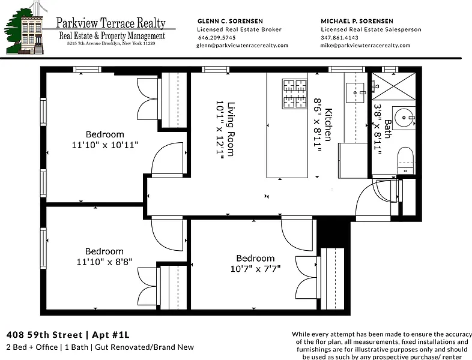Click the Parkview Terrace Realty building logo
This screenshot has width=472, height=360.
[x=26, y=29]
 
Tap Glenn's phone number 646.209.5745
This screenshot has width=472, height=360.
[x=217, y=38]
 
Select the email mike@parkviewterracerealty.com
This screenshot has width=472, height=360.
[x=365, y=46]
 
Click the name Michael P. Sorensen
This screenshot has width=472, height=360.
[x=357, y=21]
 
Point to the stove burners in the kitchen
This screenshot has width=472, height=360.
[x=295, y=94]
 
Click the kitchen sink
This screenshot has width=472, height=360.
[x=356, y=93]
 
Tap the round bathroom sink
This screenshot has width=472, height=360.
[x=404, y=118]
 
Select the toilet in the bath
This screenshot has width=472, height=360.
[x=405, y=160]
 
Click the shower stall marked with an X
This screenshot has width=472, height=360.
[x=393, y=86]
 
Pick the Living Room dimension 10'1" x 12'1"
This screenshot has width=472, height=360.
[x=220, y=128]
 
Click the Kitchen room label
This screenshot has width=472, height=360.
[x=328, y=125]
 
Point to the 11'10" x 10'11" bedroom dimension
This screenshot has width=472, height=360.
[x=104, y=145]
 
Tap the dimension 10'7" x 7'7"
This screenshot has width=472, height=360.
[x=255, y=269]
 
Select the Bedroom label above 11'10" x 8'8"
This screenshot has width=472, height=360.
[x=104, y=251]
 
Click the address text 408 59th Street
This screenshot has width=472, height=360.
[x=44, y=335]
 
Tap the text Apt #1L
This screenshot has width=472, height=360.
[x=110, y=335]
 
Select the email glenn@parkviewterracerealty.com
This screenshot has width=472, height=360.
[x=243, y=46]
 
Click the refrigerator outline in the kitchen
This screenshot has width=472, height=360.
[x=352, y=161]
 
